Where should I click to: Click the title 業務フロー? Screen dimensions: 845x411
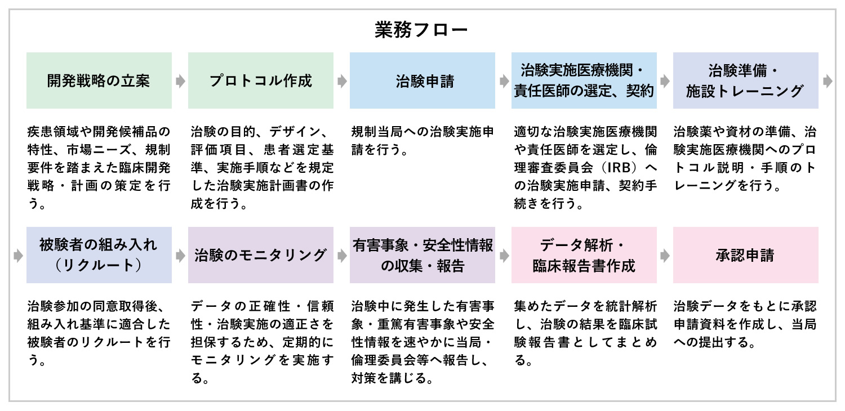coord(421,30)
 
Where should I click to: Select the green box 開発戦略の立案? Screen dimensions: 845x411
coord(99,81)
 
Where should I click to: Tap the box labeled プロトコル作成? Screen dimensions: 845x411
coord(261,81)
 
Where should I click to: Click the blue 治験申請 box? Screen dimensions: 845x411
coord(422,81)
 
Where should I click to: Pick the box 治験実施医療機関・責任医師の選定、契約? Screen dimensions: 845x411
coord(584,81)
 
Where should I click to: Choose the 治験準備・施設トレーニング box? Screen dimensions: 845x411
coord(746,81)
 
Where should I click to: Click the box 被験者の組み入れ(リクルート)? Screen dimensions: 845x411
coord(99,255)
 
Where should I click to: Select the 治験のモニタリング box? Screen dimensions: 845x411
coord(261,255)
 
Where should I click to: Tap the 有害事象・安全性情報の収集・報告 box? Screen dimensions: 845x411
coord(422,255)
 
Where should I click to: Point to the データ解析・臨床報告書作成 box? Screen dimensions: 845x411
coord(584,255)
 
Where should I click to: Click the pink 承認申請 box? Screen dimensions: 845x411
coord(746,255)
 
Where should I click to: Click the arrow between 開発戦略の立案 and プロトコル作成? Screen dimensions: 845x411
coord(180,81)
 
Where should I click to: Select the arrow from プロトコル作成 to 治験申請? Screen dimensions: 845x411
coord(342,81)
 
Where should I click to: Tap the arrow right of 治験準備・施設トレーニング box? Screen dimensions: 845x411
coord(828,81)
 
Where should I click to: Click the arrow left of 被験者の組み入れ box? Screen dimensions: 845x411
coord(18,256)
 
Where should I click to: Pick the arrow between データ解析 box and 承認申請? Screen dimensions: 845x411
coord(665,256)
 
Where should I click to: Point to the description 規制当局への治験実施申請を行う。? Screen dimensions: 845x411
coord(422,141)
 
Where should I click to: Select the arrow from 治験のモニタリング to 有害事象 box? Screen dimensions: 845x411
coord(342,256)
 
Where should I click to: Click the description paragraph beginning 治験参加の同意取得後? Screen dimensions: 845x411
coord(99,333)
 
